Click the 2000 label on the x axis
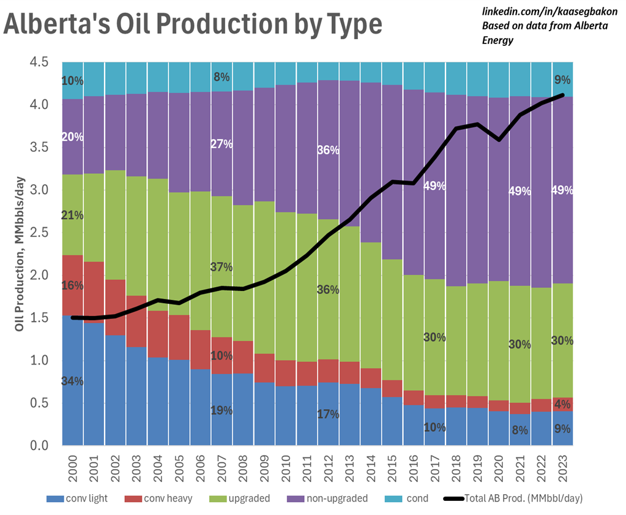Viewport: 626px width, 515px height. click(x=73, y=467)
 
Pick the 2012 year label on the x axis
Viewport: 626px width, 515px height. click(x=328, y=467)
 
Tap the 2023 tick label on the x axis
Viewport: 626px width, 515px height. click(x=562, y=467)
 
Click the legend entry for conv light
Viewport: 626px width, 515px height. click(x=84, y=498)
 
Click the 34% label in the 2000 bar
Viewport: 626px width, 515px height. click(x=72, y=381)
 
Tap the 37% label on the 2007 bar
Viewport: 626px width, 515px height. click(x=221, y=267)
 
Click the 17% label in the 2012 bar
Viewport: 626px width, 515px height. click(x=328, y=414)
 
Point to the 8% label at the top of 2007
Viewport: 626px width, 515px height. click(x=221, y=77)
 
